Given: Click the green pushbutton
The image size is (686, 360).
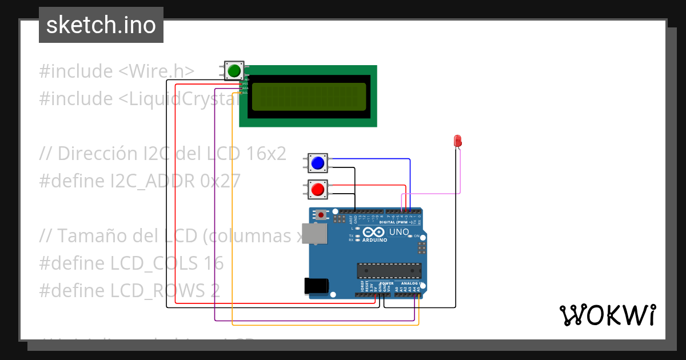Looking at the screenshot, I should coord(233,71).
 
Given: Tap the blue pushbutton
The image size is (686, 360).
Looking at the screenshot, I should coord(317,163).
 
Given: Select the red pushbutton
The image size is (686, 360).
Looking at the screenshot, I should coord(317,189).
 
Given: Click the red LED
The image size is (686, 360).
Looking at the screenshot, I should coord(457,141).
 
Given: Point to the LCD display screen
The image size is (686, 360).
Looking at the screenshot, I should coord(309,96).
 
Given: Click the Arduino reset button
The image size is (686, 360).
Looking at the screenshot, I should coord(322,215).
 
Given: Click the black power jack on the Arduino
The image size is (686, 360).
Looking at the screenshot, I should coord(317,286).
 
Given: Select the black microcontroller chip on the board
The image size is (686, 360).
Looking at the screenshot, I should coord(389,270).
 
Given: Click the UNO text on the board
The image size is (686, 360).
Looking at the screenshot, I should coord(398,232).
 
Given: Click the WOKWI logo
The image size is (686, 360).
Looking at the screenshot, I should coord(607,315).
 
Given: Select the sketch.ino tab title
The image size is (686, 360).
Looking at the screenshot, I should coord(101,25).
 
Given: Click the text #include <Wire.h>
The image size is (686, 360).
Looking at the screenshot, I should coord(117,71).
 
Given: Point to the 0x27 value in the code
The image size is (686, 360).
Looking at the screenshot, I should coord(220,181).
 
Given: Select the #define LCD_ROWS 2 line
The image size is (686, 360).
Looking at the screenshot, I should coord(129,291).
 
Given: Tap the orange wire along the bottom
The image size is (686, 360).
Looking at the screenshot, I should coord(326,325).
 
